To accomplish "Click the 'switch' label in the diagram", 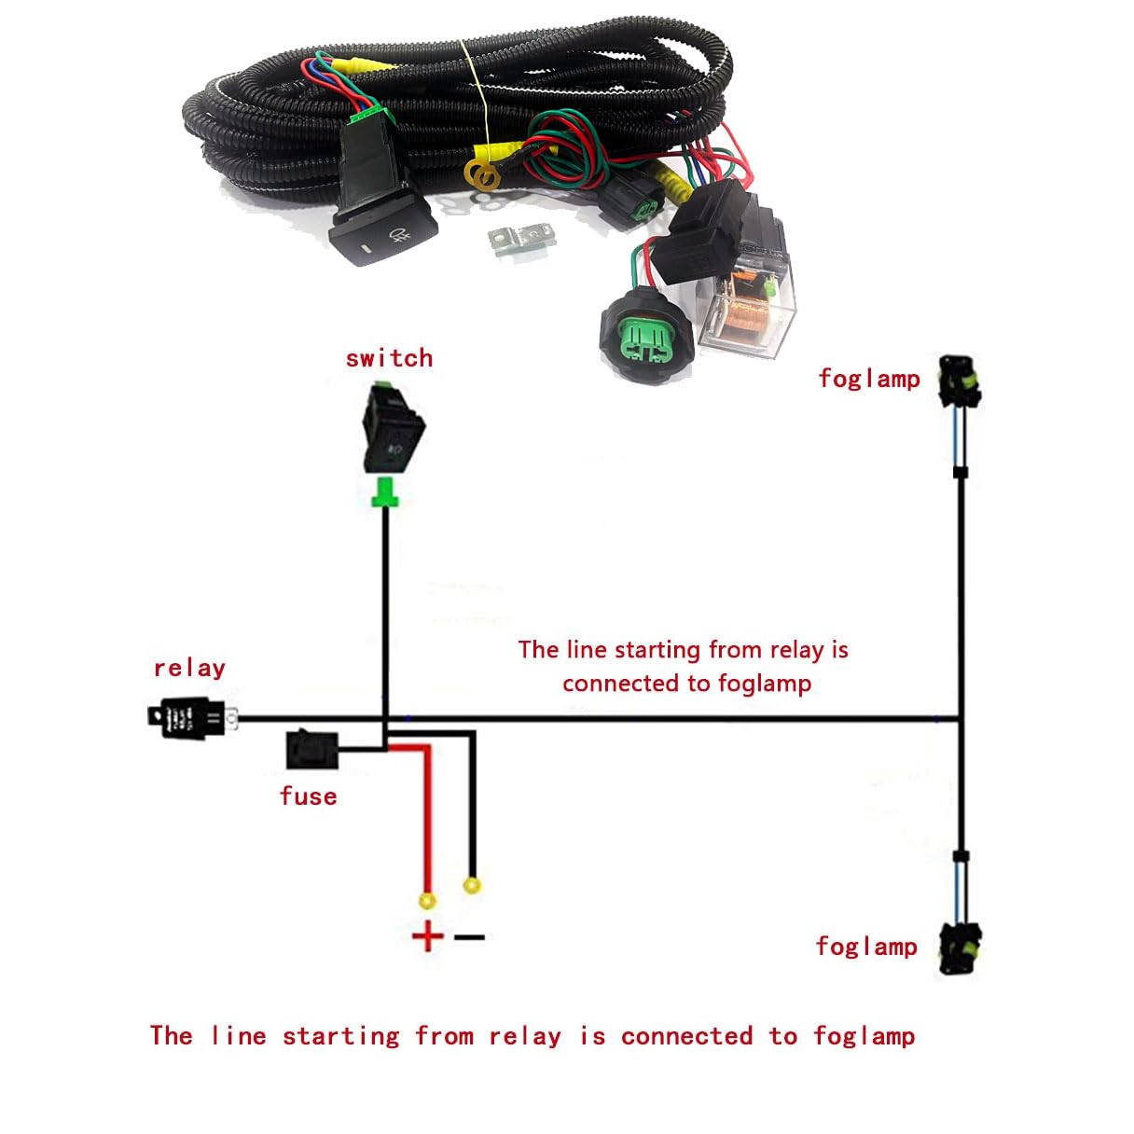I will tap(389, 358).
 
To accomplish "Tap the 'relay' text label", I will tap(189, 668).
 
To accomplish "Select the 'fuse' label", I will tap(308, 795).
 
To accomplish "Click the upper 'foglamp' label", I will tap(868, 379).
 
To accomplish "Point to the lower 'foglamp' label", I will tap(865, 947).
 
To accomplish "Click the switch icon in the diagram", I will tap(393, 430).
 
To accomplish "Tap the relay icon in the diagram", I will tap(191, 717).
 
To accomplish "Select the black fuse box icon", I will tap(311, 749).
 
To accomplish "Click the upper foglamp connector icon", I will tap(960, 380).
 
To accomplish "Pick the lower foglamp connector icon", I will tap(960, 948).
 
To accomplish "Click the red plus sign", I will tap(427, 935).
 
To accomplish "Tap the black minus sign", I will tap(470, 936).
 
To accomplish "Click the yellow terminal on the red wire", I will tap(427, 901).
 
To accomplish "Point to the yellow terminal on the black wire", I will tap(472, 884).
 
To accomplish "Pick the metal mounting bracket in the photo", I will tap(519, 240).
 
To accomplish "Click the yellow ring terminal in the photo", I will tap(482, 173).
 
